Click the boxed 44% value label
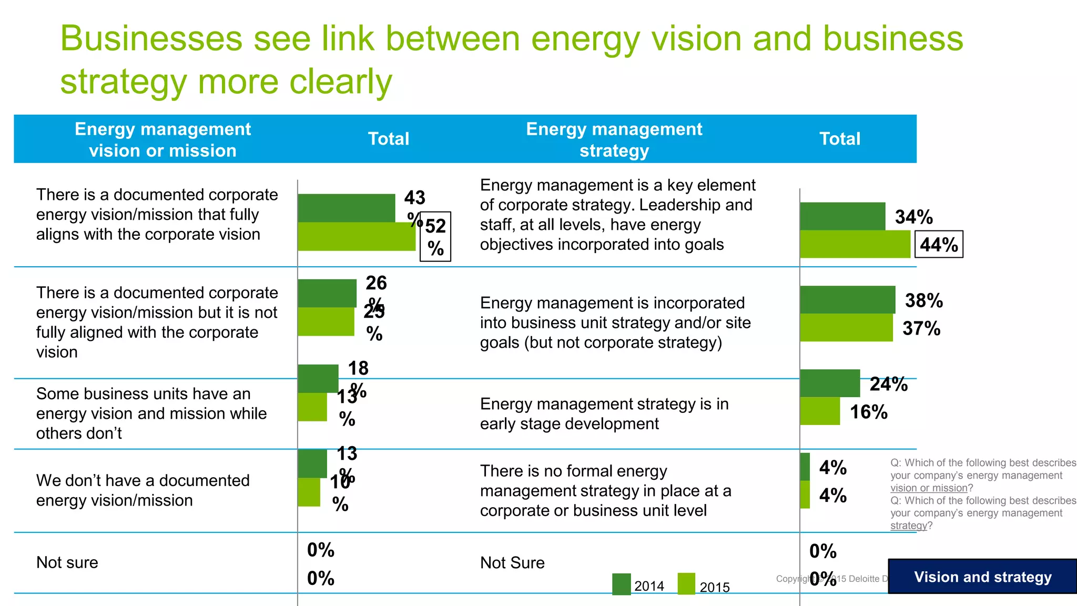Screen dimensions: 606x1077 click(939, 245)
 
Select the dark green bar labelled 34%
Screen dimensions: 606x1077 click(842, 216)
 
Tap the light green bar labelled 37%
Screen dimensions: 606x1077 click(846, 328)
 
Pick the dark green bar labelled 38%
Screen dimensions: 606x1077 click(847, 300)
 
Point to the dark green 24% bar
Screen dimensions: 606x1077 click(830, 383)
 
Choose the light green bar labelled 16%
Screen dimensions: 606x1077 click(820, 411)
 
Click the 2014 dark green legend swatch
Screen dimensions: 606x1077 click(621, 584)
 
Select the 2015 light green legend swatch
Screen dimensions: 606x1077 click(686, 584)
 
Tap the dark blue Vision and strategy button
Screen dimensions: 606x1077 click(982, 577)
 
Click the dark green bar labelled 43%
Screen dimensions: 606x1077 click(346, 208)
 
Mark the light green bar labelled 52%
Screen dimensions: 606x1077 click(357, 236)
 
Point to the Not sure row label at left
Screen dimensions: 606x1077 click(67, 562)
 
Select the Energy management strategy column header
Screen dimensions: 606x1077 click(614, 139)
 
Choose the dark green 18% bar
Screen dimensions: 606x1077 click(318, 378)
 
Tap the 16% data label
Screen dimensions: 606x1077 click(869, 412)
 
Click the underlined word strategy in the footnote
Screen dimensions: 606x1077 click(908, 526)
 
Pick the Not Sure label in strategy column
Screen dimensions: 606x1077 click(512, 563)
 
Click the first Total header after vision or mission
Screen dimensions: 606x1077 click(388, 139)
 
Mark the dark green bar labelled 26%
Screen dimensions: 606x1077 click(327, 293)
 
